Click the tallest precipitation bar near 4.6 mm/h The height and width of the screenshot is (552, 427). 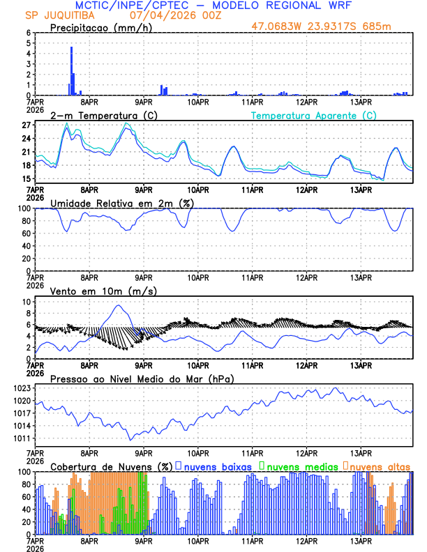[71, 70]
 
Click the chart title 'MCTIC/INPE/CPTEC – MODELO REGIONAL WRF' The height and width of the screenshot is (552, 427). [213, 6]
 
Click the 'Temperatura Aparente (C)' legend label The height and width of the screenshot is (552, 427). [313, 115]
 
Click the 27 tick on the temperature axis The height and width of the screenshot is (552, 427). [26, 125]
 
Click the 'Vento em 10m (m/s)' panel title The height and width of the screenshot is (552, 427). [93, 291]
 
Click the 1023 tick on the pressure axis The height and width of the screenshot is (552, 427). [21, 388]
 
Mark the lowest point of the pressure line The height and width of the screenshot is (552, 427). [130, 439]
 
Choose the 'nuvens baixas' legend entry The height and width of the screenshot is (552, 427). [216, 466]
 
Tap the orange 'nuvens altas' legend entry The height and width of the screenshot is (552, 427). [381, 466]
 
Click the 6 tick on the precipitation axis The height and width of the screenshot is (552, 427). [28, 33]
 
